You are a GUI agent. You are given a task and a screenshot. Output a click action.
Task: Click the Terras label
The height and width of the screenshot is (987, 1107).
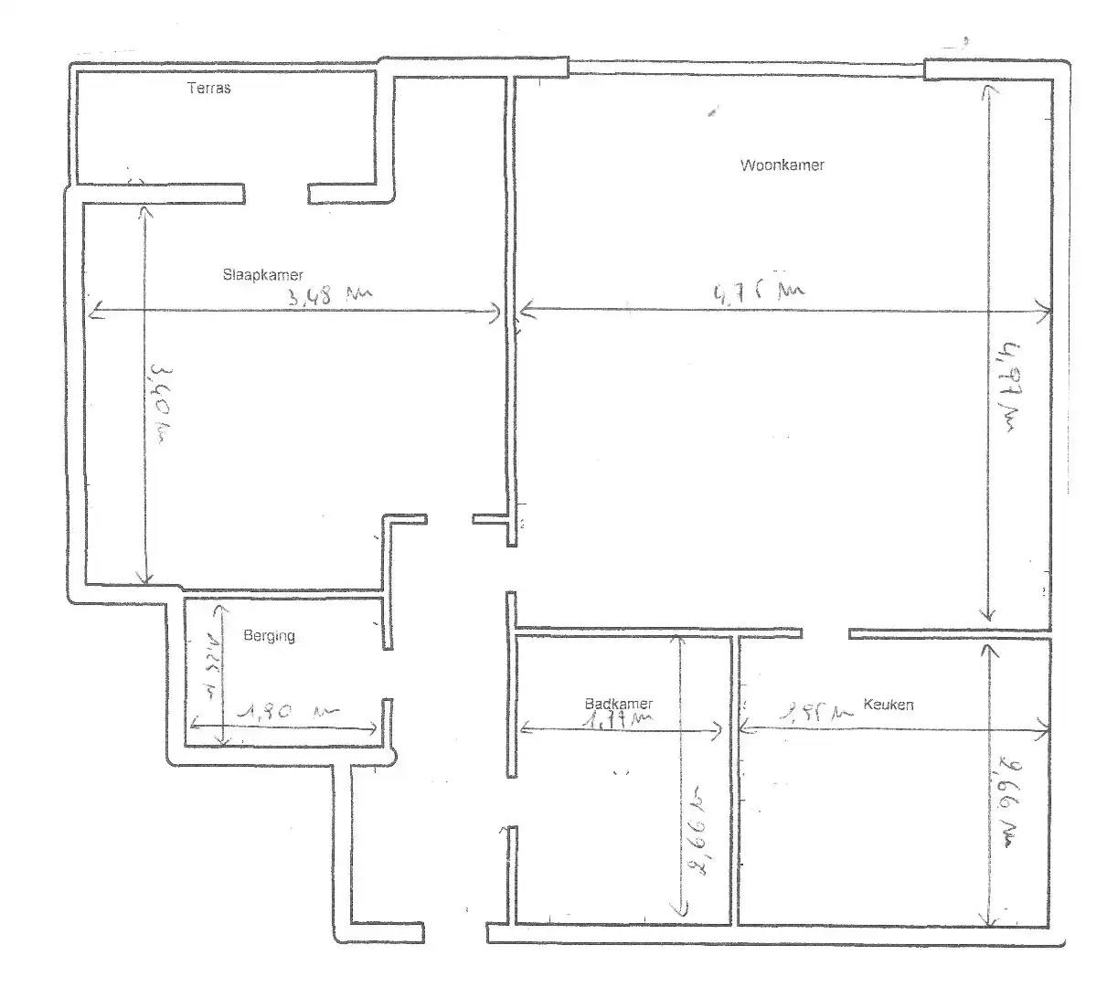point(208,89)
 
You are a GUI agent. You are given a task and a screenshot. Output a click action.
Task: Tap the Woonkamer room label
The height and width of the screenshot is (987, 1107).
point(782,165)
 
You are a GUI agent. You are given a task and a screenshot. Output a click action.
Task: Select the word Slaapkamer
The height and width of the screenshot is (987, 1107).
point(262,274)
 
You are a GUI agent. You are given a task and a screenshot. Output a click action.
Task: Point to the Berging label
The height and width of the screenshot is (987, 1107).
point(269,635)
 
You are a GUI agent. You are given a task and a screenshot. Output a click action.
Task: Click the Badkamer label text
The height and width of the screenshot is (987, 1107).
point(619,704)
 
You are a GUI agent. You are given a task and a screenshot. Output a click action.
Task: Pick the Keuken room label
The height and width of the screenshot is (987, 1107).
point(889,705)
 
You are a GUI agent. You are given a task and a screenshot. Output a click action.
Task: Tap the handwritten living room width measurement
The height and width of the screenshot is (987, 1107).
point(758,292)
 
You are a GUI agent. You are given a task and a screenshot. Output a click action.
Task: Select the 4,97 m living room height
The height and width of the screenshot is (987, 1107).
point(1011,384)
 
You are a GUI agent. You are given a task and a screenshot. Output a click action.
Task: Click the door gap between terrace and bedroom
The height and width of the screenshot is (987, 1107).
point(276,193)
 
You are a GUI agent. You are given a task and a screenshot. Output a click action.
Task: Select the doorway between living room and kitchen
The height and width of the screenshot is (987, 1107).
point(825,632)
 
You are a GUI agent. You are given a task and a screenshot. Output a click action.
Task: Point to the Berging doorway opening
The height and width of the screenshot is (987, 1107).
point(388,674)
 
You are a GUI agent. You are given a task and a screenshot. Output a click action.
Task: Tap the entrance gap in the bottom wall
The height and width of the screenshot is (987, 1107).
point(455,933)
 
